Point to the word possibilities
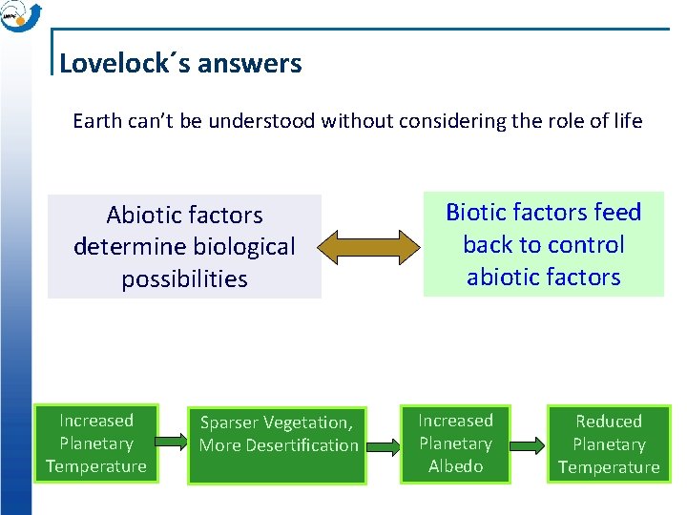[184, 279]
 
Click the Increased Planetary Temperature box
[95, 443]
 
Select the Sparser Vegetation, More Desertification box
[279, 434]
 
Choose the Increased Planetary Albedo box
[455, 443]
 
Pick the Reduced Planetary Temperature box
[608, 444]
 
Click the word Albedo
[455, 466]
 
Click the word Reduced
[608, 422]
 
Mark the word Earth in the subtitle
[96, 121]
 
